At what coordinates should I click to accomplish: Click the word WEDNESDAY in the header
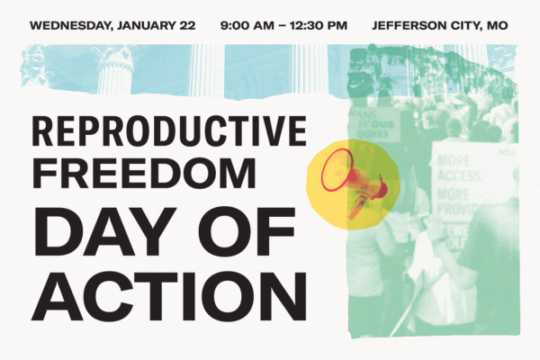pos(67,25)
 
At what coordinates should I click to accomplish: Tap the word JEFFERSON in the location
pos(410,25)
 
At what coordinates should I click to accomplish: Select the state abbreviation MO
pos(496,25)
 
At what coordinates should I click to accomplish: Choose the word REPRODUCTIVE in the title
pos(169,132)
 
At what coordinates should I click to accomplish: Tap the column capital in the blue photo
pos(116,58)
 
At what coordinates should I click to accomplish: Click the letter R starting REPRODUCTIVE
pos(44,132)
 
